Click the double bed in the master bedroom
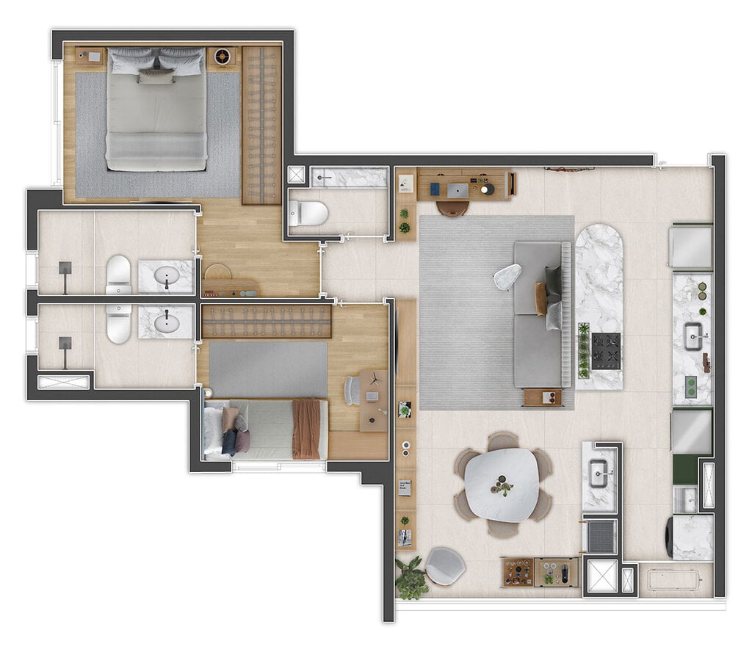[156, 110]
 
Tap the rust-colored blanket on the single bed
[305, 429]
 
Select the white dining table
[502, 484]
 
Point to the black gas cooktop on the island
[606, 351]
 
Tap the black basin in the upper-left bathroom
[167, 277]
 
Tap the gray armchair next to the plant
[444, 565]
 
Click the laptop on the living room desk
[457, 190]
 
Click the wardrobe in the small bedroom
[266, 322]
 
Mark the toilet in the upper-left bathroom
[118, 274]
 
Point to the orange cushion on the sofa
[541, 298]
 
